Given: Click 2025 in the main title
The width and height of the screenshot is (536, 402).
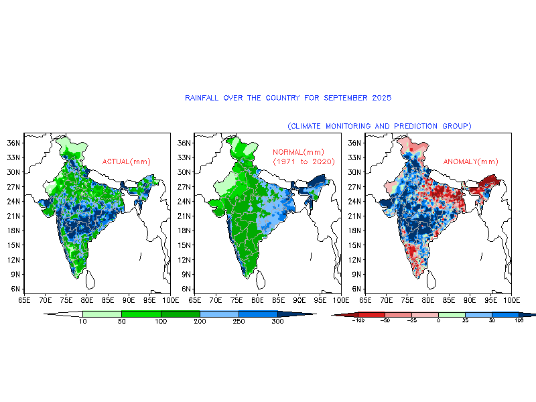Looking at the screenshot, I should point(381,98).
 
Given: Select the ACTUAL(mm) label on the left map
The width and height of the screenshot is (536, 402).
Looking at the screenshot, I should point(126,161).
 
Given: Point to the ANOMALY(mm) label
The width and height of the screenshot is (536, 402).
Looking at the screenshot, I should point(470,161).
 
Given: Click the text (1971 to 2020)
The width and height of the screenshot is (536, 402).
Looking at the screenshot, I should point(304,162).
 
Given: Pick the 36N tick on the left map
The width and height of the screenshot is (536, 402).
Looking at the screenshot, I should point(12,143).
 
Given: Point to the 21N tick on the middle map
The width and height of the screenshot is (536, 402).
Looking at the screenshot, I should point(183,216).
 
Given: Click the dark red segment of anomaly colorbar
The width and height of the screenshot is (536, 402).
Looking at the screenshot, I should point(371,314).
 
